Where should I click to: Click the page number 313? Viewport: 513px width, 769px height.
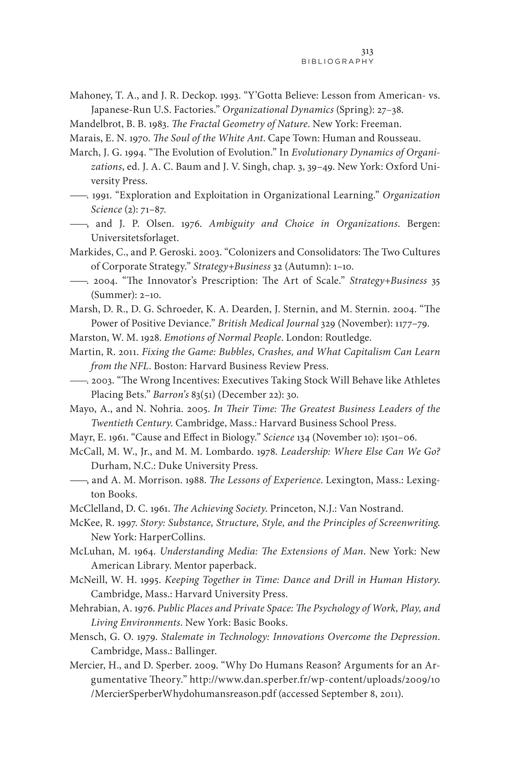coord(367,52)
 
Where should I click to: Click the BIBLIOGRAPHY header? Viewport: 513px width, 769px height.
coord(337,62)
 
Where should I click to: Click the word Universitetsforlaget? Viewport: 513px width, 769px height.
coord(134,238)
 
